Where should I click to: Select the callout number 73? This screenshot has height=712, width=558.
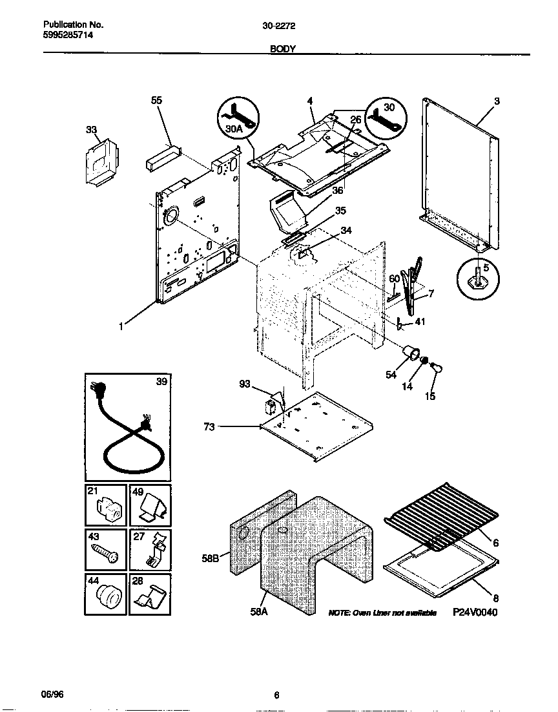pyautogui.click(x=211, y=427)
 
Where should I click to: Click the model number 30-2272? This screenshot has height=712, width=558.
pyautogui.click(x=279, y=26)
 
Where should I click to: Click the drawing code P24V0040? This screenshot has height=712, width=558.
pyautogui.click(x=475, y=613)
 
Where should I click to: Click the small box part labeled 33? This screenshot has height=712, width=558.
pyautogui.click(x=102, y=162)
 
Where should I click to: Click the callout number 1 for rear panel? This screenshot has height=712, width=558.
pyautogui.click(x=121, y=326)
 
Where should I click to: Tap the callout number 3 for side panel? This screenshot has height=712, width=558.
pyautogui.click(x=497, y=101)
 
